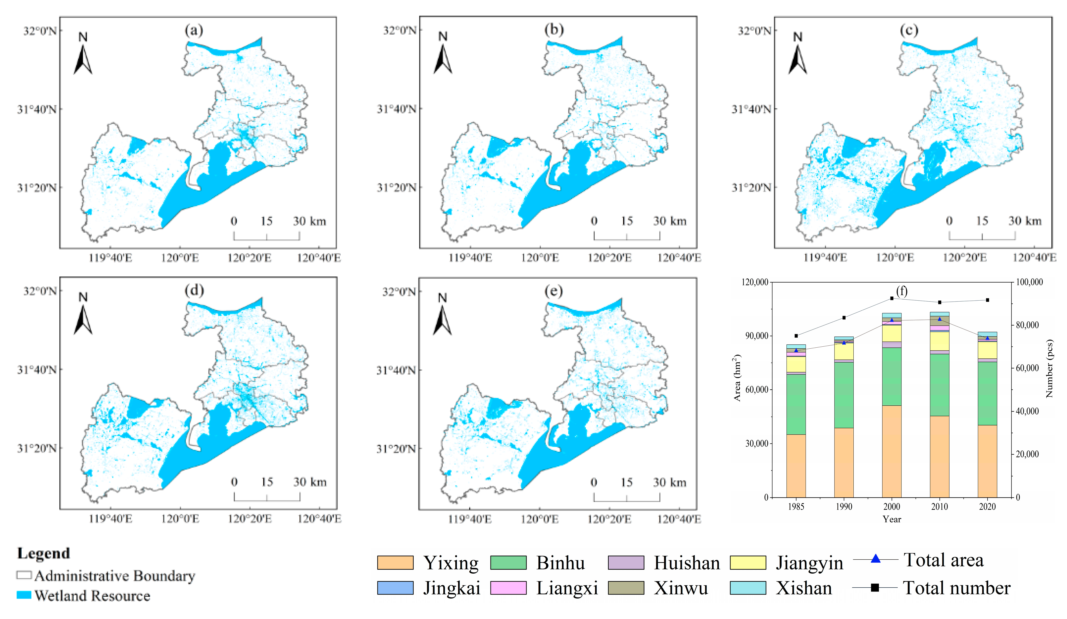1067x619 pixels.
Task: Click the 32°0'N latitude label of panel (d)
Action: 40,291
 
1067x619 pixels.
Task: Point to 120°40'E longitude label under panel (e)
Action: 679,519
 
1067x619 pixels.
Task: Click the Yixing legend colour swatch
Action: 395,563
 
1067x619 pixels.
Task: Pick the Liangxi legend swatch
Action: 508,588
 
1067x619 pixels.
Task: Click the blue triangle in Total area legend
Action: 875,559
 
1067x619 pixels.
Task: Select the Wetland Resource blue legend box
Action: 24,595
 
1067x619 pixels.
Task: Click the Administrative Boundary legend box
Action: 24,575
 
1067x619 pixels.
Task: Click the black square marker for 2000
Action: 892,298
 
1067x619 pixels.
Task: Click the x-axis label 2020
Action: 987,506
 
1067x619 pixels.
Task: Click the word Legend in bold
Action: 43,553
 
